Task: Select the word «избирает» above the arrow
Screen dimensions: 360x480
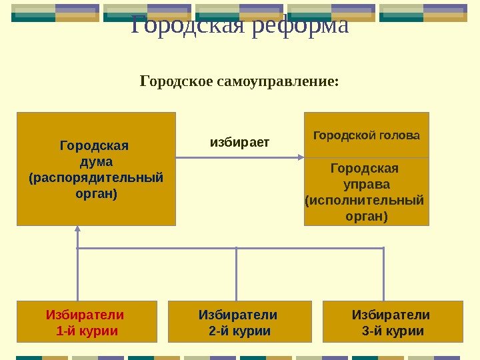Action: (x=240, y=141)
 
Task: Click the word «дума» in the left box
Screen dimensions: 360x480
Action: (x=96, y=162)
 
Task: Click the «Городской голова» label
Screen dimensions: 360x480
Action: (x=367, y=135)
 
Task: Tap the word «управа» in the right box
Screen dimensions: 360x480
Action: (x=366, y=183)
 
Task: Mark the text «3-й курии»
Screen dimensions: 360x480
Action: (x=393, y=331)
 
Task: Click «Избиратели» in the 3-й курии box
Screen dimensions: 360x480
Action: (x=391, y=315)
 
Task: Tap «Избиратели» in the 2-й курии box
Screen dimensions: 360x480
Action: (x=238, y=315)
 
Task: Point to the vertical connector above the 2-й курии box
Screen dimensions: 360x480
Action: (x=236, y=273)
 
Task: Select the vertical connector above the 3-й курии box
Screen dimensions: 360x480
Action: (x=384, y=273)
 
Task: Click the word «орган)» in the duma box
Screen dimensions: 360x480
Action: (x=96, y=194)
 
